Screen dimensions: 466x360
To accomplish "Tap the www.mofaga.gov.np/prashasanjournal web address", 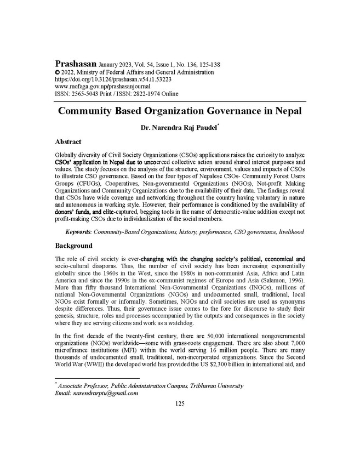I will point(103,87).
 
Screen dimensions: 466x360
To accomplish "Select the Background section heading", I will point(74,246).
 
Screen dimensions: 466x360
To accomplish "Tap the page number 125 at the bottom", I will point(180,404).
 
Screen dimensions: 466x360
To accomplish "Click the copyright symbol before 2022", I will point(58,72).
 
